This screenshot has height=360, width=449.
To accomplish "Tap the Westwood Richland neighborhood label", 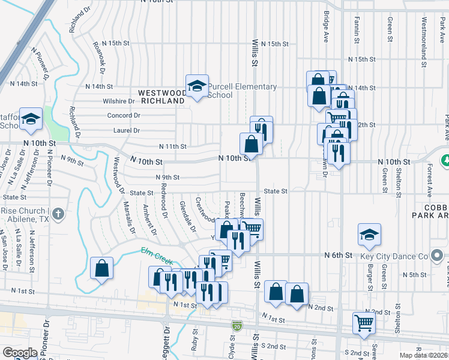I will click(161, 97).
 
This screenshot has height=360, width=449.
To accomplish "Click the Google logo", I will click(20, 353).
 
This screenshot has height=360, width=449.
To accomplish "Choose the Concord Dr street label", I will click(123, 115).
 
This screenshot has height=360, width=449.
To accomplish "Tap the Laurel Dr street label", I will click(125, 130).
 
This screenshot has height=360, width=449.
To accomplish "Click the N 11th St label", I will click(172, 146).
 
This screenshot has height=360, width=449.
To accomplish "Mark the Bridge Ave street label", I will click(326, 22).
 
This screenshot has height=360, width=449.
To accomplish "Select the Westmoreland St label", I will click(424, 33).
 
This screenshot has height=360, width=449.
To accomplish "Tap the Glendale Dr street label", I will click(188, 217).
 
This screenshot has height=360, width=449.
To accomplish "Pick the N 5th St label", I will click(414, 275).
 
